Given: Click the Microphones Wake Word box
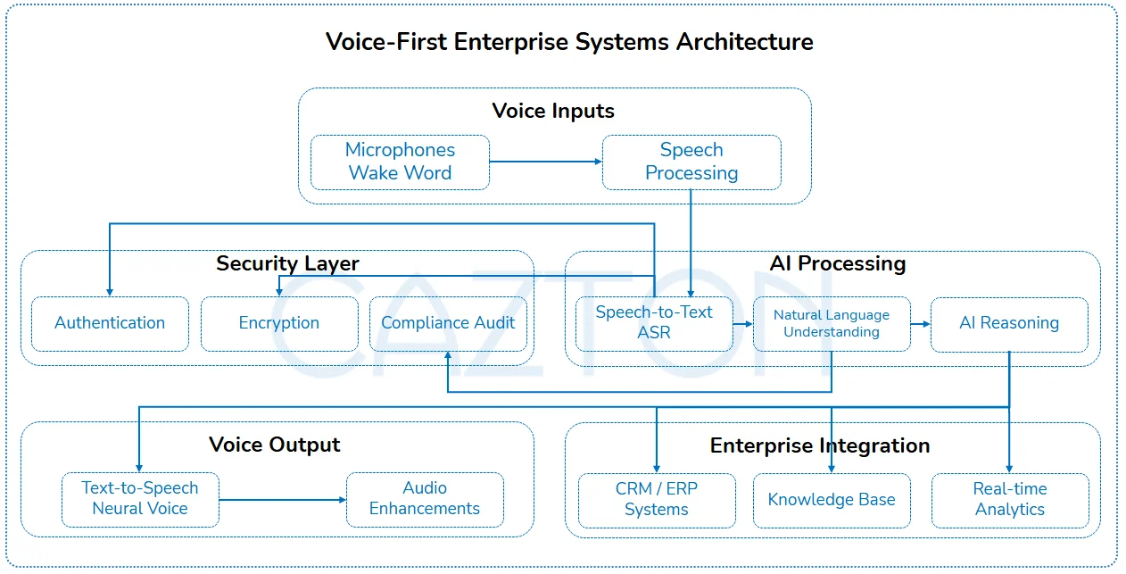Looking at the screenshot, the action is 400,162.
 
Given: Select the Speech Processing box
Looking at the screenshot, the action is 691,162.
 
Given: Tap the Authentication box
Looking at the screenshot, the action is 110,323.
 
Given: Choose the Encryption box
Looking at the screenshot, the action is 279,323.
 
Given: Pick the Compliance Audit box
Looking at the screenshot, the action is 449,323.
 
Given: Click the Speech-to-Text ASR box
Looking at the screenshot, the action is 654,323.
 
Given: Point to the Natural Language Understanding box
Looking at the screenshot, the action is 832,323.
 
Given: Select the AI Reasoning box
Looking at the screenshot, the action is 1009,324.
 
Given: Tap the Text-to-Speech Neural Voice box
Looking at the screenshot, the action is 140,500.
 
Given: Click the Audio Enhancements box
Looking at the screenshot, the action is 425,500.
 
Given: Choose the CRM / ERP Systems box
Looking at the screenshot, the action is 657,501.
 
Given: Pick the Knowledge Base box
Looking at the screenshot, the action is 832,501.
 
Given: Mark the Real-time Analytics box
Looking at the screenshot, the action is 1010,501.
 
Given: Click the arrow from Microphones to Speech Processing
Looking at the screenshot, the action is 546,162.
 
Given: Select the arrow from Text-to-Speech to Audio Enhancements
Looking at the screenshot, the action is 283,500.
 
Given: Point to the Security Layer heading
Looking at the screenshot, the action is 287,263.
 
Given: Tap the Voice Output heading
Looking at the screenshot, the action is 275,445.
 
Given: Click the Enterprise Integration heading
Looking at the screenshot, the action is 820,445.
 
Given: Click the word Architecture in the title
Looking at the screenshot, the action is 744,42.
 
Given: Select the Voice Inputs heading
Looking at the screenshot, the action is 553,112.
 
